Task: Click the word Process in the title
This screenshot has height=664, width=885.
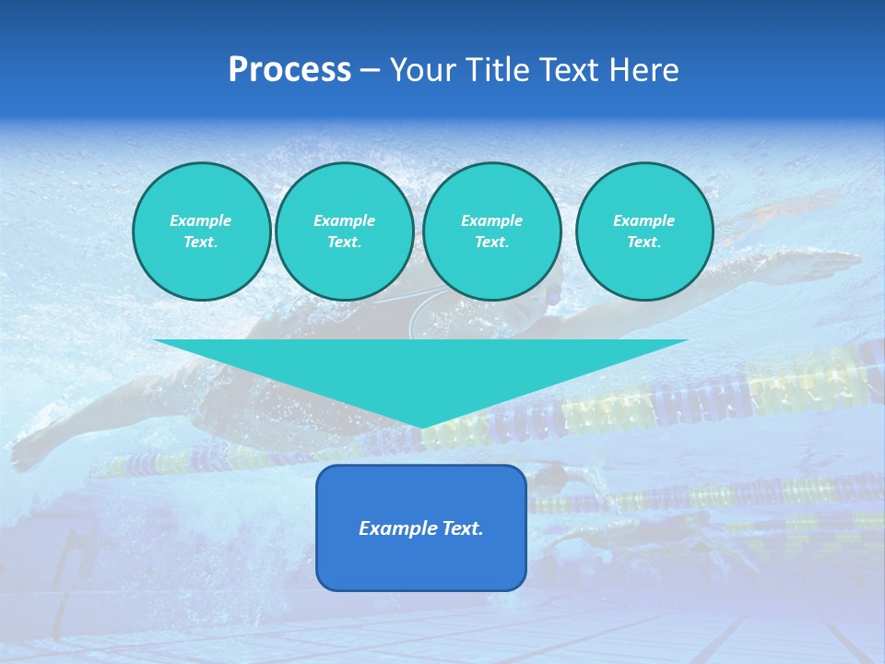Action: (289, 70)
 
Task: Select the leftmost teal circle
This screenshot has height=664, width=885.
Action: (202, 231)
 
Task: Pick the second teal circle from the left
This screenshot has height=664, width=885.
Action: (345, 231)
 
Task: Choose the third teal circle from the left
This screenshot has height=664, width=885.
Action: (492, 231)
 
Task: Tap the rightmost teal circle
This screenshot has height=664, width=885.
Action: (644, 231)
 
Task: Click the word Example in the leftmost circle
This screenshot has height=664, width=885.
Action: (201, 220)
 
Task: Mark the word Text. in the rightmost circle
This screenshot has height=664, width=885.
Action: (644, 243)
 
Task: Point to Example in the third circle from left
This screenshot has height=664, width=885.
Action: (492, 220)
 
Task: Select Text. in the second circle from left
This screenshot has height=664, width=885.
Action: (345, 243)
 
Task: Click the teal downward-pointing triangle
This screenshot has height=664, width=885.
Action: (421, 369)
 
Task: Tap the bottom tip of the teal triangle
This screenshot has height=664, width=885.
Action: (421, 425)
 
